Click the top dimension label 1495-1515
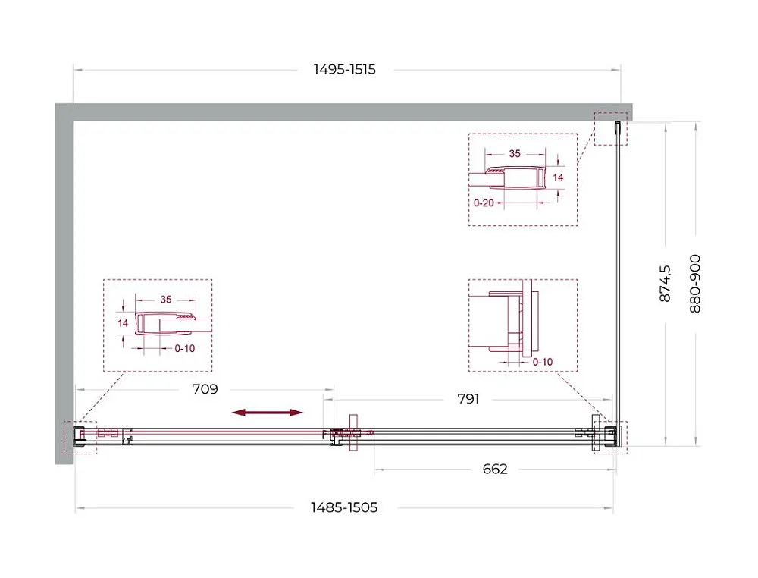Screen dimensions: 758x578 pyautogui.click(x=344, y=70)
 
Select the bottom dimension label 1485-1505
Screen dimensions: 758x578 pyautogui.click(x=343, y=507)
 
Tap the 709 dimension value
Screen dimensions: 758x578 pyautogui.click(x=205, y=389)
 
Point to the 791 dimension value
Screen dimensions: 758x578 pyautogui.click(x=468, y=399)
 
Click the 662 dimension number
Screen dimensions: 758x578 pyautogui.click(x=495, y=469)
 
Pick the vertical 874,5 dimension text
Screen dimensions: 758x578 pyautogui.click(x=666, y=284)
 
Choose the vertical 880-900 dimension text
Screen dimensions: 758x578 pyautogui.click(x=694, y=284)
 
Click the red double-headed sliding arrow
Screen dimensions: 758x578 pyautogui.click(x=268, y=413)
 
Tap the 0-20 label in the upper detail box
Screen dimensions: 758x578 pyautogui.click(x=484, y=203)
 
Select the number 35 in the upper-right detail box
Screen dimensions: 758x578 pyautogui.click(x=515, y=154)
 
